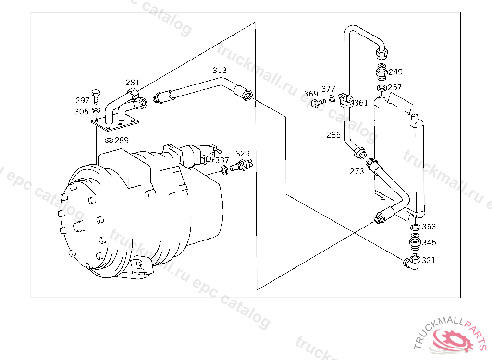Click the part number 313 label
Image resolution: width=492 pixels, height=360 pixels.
tap(219, 70)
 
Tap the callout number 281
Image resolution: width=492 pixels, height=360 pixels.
tap(132, 82)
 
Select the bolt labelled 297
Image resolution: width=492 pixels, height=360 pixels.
tap(96, 96)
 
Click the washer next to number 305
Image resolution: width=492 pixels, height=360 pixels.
tap(96, 110)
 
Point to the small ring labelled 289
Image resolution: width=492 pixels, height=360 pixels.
tap(109, 141)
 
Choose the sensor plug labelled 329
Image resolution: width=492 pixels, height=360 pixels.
tap(241, 165)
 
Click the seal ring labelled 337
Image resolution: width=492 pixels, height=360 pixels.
tap(225, 170)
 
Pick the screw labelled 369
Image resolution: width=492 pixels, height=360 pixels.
tap(318, 103)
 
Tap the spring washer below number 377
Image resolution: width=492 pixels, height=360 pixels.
tap(332, 99)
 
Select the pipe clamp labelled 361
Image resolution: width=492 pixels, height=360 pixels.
tap(346, 100)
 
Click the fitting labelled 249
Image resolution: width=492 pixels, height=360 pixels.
tap(381, 72)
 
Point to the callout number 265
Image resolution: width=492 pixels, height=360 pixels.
tap(333, 135)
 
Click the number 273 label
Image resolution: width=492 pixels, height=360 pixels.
tap(357, 171)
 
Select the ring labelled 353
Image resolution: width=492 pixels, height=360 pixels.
tap(416, 227)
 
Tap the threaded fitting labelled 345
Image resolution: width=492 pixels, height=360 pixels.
tap(415, 241)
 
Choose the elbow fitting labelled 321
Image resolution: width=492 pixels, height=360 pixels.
tap(412, 262)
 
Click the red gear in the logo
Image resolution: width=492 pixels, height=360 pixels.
tap(452, 339)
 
